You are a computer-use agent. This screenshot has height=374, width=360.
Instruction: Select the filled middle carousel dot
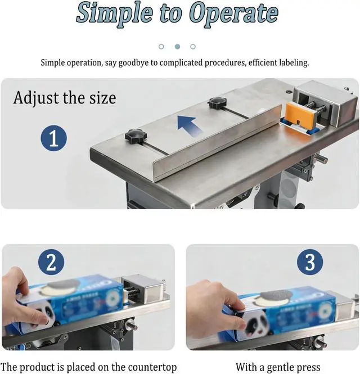(x=177, y=47)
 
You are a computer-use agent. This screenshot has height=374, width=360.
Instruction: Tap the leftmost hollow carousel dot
(x=161, y=47)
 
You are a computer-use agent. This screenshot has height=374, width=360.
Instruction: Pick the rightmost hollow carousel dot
(x=193, y=47)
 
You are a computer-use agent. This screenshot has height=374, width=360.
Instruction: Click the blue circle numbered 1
(x=53, y=138)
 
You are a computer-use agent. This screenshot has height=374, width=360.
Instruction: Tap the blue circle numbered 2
(x=51, y=262)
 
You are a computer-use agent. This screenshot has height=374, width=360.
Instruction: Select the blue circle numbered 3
(x=310, y=262)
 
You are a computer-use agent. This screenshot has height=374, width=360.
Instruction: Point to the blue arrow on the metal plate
(x=190, y=126)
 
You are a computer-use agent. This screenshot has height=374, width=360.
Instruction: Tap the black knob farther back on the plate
(x=217, y=102)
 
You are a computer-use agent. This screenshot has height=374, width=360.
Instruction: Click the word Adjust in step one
(x=36, y=98)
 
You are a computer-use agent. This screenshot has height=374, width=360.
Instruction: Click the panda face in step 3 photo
(x=255, y=325)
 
